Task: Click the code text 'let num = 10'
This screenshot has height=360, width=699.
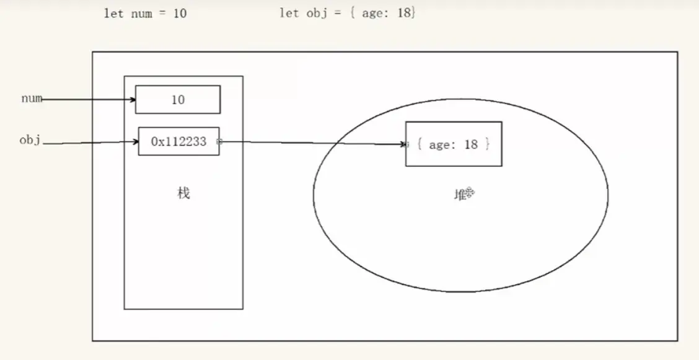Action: (x=146, y=14)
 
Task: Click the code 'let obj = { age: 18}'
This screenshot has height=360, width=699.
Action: (x=348, y=13)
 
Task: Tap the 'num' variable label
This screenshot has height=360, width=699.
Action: (x=32, y=99)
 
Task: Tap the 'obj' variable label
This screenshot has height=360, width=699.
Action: (x=30, y=141)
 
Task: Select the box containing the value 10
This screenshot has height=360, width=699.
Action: (x=178, y=99)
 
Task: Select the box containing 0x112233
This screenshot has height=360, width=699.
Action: (x=178, y=141)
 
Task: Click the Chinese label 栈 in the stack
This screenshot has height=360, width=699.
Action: (x=183, y=193)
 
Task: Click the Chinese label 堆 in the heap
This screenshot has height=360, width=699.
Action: (x=460, y=195)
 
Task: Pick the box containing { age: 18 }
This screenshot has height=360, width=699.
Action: (x=454, y=144)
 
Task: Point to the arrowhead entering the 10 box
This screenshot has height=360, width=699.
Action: (x=133, y=99)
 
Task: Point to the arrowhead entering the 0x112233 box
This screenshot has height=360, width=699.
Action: (x=136, y=142)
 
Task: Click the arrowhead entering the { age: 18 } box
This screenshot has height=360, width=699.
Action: (x=403, y=144)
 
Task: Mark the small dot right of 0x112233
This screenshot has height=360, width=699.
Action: (x=219, y=142)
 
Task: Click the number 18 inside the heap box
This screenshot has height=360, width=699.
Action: (x=471, y=144)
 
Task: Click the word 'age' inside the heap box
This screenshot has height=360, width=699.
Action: (x=439, y=145)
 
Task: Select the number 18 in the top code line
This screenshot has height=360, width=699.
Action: (x=404, y=13)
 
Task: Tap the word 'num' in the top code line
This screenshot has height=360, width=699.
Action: (x=142, y=14)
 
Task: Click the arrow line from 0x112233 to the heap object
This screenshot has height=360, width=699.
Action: (x=312, y=143)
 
